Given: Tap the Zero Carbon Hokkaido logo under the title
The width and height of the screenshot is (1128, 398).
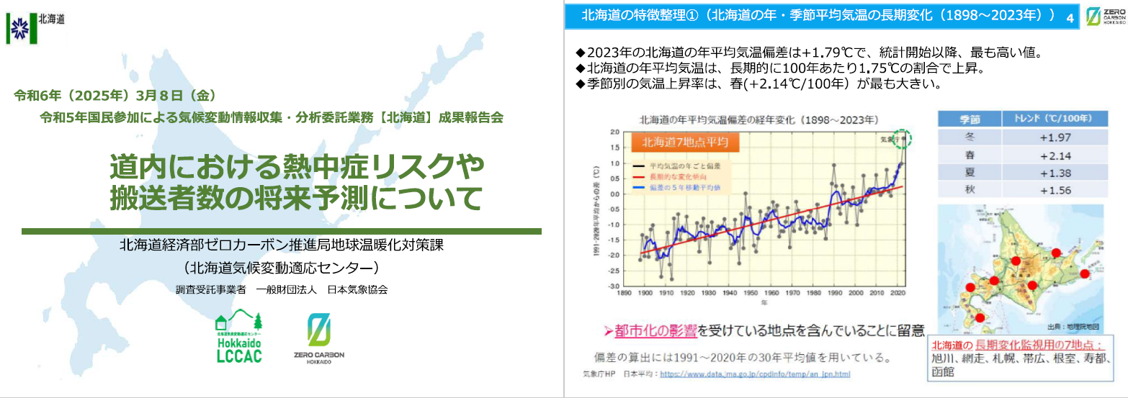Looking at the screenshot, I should click(x=319, y=340).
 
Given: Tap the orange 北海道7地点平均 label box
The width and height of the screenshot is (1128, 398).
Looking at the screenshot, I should click(x=679, y=143).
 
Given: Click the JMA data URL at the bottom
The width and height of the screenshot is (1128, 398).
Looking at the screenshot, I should click(x=755, y=374).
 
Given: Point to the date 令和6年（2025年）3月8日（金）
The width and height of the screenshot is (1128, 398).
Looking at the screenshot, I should click(x=115, y=95).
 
